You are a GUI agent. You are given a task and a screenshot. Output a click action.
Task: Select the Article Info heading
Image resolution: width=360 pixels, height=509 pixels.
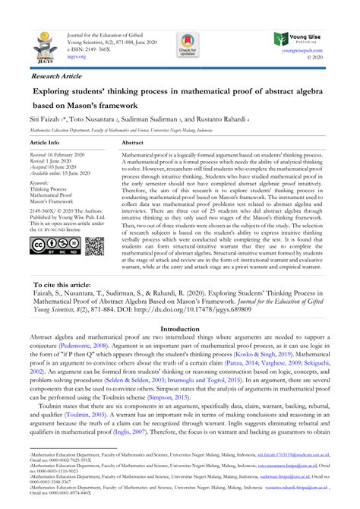tap(44, 143)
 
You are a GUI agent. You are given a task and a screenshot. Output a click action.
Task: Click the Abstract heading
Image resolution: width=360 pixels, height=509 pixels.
tap(132, 143)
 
